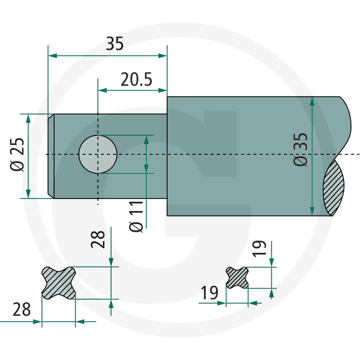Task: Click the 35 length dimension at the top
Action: (115, 44)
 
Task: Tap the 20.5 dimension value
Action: (136, 80)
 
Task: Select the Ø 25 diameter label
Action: (17, 154)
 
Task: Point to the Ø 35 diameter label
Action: (300, 149)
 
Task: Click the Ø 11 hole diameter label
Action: (136, 217)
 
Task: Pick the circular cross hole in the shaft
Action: (98, 154)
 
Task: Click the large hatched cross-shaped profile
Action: (58, 283)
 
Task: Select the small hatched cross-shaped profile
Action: (237, 278)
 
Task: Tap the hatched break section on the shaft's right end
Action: (333, 188)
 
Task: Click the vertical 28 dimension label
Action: (98, 239)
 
